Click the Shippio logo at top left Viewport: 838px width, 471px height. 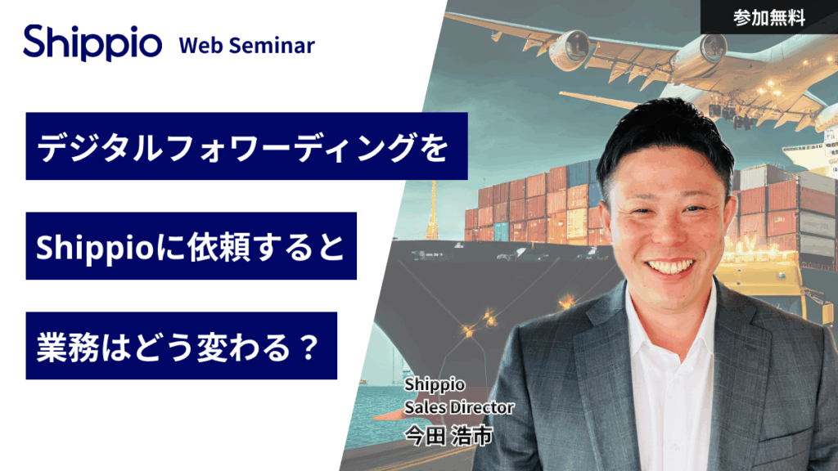(x=92, y=43)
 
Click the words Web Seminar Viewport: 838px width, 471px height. (x=246, y=46)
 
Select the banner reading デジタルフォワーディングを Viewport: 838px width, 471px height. (x=246, y=146)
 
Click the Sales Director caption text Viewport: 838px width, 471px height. (x=459, y=406)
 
